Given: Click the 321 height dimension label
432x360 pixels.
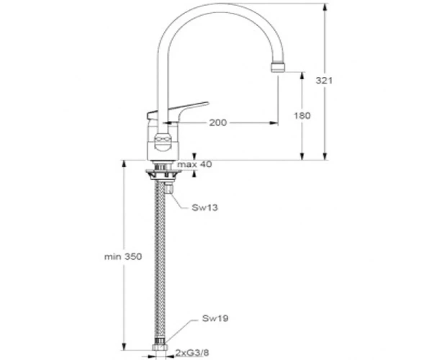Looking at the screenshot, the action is coord(324,81).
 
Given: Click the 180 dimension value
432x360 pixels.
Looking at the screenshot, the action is coord(302,115).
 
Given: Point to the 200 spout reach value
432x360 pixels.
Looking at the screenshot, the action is coord(218,122).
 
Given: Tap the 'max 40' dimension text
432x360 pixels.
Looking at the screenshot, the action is coord(194,164).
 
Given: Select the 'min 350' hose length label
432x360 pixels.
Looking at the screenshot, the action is coord(123,257).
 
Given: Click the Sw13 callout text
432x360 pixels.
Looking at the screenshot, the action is coord(204,207).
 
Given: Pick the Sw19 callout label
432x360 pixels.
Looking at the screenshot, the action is coord(215,318).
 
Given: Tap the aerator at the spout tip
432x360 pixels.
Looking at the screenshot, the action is coord(278,67).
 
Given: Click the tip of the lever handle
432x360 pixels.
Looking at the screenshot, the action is coord(208,103).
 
